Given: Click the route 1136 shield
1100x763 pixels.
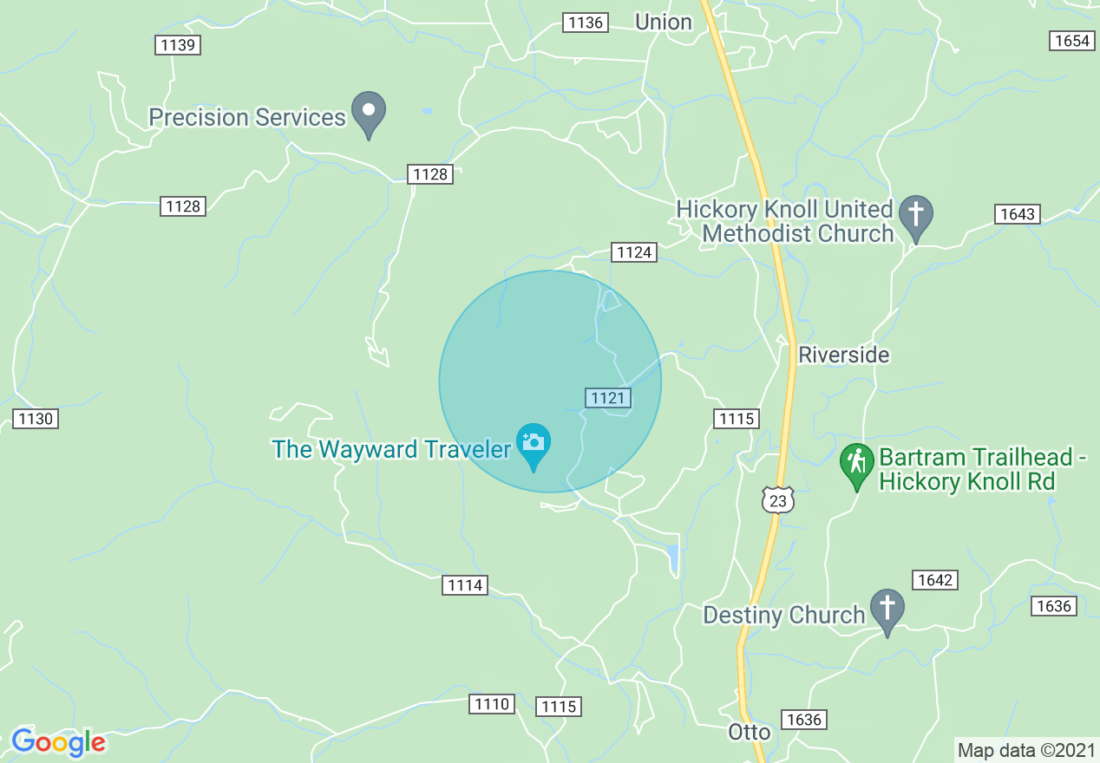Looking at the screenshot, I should point(586,23).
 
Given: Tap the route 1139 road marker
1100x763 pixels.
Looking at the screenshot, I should point(178,45).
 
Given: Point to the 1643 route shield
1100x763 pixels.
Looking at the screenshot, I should point(1017,213).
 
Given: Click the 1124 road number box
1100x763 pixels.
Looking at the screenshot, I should point(634,252).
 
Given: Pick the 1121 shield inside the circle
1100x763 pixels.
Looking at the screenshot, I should point(607,398).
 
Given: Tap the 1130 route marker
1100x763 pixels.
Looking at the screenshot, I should point(36,419).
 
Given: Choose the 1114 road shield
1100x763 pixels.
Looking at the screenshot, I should point(465,585).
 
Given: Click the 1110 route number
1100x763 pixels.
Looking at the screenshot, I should point(492,704).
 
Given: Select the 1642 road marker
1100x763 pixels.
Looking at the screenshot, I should point(934,580).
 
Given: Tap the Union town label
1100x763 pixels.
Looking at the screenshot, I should point(664,23).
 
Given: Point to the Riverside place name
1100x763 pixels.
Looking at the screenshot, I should point(844,355).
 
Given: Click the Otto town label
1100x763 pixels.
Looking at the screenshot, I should point(749,732).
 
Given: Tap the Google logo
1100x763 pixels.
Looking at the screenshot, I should point(58,742).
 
